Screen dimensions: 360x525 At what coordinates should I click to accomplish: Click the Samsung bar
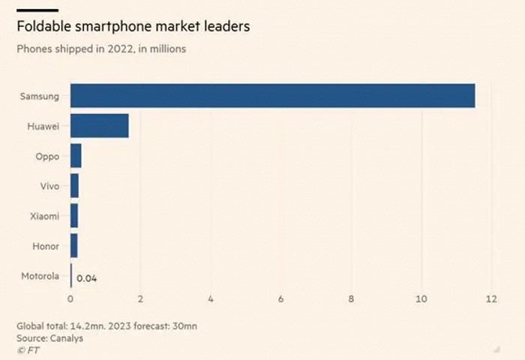(x=272, y=96)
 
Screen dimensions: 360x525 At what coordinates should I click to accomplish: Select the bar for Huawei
(x=99, y=126)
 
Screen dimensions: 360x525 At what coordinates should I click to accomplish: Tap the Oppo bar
(x=76, y=156)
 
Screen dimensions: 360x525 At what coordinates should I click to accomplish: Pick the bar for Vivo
(x=74, y=186)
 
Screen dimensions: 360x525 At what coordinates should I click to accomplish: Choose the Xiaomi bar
(x=73, y=216)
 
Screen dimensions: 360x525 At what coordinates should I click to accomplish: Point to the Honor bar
(x=73, y=246)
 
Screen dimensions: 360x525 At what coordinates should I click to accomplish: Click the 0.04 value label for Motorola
(x=87, y=278)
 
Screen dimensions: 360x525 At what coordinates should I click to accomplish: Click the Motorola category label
(x=39, y=276)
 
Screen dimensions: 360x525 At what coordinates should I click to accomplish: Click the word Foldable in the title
(x=44, y=27)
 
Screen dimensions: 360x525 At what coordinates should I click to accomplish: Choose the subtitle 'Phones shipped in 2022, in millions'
(x=101, y=49)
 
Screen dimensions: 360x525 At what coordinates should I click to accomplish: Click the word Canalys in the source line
(x=67, y=337)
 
